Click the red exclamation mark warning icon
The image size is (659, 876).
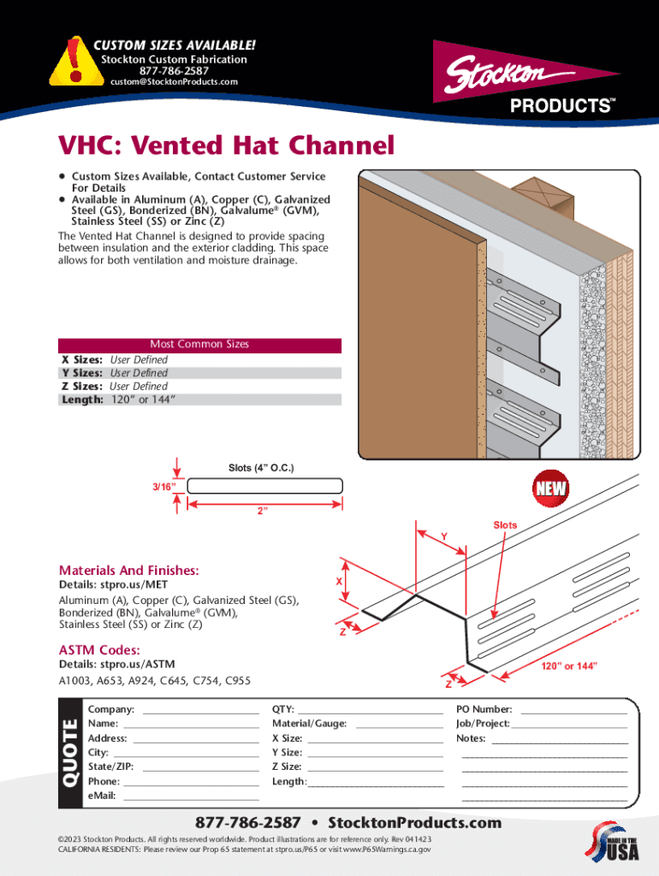coord(76,60)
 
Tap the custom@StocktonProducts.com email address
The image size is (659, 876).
coord(174,82)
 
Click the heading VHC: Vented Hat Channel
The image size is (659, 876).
coord(226,146)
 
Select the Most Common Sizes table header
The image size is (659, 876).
coord(199,345)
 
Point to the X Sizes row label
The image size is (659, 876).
coord(82,360)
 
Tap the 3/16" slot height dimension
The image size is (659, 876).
coord(164,487)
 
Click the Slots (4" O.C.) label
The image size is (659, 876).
coord(266,468)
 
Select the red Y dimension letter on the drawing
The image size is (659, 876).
coord(443,536)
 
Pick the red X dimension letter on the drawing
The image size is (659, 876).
coord(339,582)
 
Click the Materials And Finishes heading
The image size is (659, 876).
coord(128,571)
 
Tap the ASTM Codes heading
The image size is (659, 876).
coord(99,650)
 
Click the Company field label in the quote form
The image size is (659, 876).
coord(110,710)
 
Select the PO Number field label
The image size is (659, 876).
coord(484,710)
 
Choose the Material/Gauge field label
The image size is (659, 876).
coord(309,724)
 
